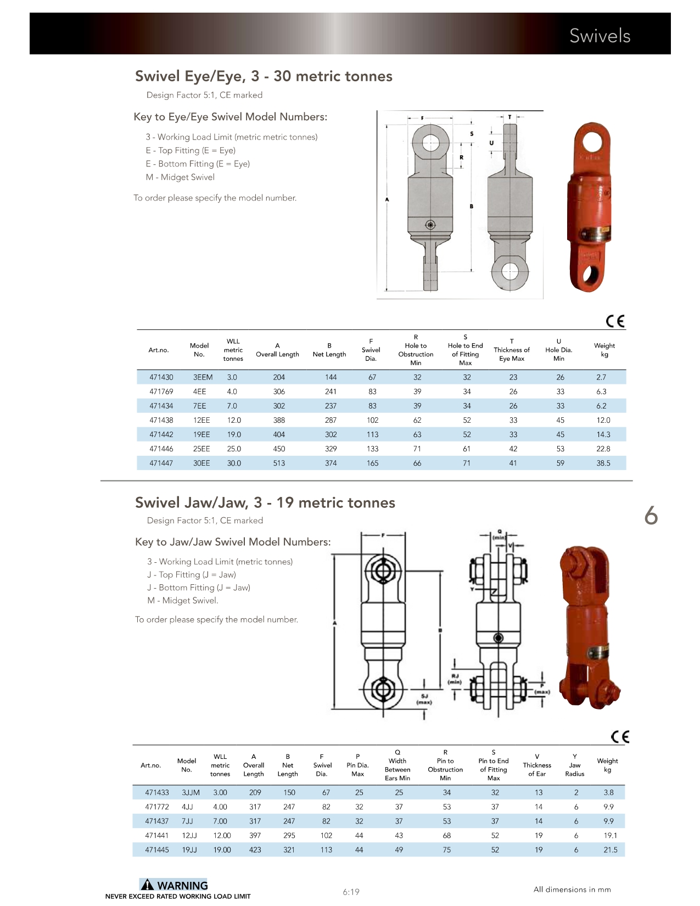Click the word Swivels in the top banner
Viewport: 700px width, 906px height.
click(x=600, y=36)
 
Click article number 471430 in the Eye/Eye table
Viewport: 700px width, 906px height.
click(x=161, y=377)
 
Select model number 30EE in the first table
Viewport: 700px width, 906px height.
click(x=201, y=463)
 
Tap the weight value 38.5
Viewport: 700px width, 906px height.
click(x=603, y=463)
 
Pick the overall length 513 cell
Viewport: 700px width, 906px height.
click(x=279, y=463)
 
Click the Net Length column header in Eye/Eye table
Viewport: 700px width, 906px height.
click(x=329, y=354)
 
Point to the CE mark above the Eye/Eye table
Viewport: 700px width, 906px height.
click(x=615, y=321)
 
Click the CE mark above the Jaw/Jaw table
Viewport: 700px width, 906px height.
click(x=620, y=737)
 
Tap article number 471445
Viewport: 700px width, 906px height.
click(x=157, y=849)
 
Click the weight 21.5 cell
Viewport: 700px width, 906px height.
click(x=611, y=849)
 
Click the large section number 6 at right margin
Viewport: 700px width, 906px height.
click(x=651, y=516)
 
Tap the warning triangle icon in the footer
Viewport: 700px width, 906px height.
click(x=147, y=885)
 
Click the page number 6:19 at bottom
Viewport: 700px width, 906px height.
click(x=351, y=892)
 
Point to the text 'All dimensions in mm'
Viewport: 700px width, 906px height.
click(x=572, y=890)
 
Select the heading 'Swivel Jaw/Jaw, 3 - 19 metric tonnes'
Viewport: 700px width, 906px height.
click(x=265, y=502)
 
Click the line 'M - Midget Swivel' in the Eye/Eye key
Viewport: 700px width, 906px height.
click(x=180, y=177)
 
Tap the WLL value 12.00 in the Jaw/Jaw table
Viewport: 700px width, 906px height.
click(x=222, y=835)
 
